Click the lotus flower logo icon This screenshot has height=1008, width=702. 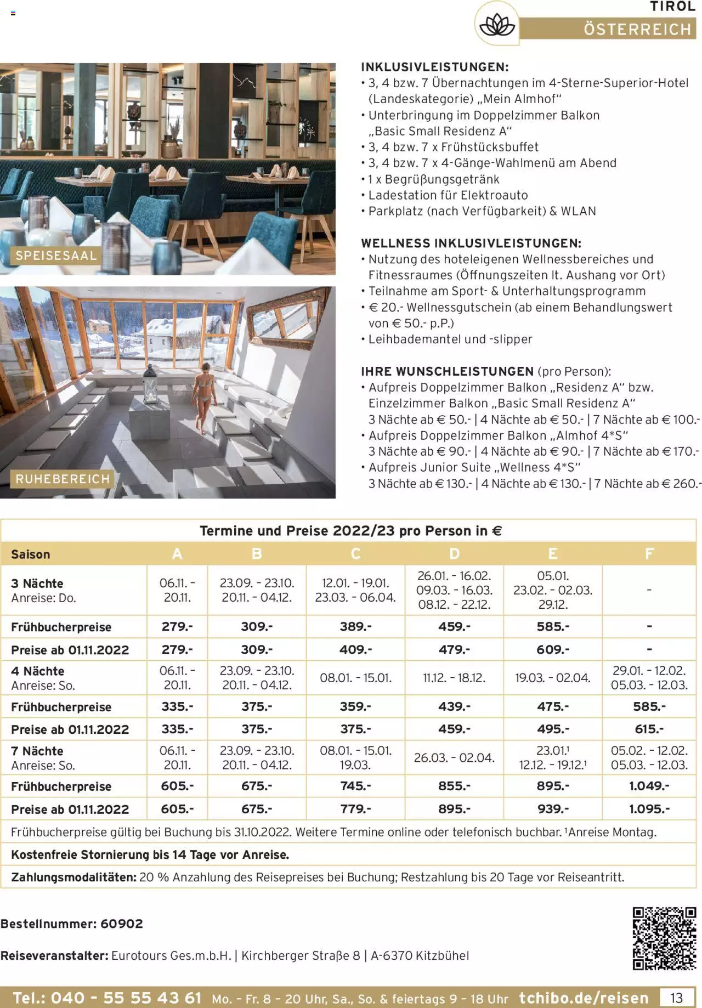point(496,25)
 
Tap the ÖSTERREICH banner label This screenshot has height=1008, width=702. point(637,29)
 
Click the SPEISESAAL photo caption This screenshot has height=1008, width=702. point(56,256)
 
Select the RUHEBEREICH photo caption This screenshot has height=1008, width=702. point(63,479)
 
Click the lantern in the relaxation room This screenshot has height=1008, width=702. point(150,384)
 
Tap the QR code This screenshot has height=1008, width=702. point(664,938)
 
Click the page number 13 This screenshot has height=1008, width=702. point(676,997)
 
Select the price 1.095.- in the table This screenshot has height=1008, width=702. point(649,809)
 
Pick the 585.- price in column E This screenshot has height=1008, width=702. point(552,627)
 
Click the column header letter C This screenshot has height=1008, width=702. point(355,554)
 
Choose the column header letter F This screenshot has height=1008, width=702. point(649,554)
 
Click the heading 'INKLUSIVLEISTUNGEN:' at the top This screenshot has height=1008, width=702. point(434,67)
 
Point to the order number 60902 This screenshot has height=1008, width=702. point(122,924)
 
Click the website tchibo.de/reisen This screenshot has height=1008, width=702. point(584,998)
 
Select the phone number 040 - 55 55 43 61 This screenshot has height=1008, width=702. point(107,998)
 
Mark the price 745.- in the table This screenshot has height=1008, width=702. point(355,786)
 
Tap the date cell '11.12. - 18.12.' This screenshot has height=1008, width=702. point(454,678)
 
